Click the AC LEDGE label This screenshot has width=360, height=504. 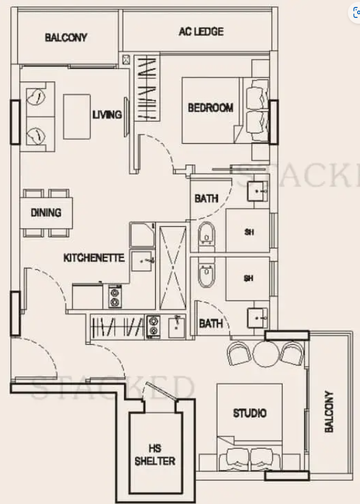[201, 32]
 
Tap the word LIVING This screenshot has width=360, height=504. [107, 114]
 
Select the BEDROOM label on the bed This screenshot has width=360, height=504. [211, 108]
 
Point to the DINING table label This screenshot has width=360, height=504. [46, 212]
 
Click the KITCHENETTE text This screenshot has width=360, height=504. [94, 258]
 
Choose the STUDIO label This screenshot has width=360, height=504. [250, 413]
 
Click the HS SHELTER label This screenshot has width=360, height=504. [155, 455]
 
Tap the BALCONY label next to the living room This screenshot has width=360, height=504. [66, 38]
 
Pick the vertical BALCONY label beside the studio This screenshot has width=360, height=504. [329, 412]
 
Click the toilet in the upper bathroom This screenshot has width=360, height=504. [207, 236]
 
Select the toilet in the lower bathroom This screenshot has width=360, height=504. [206, 274]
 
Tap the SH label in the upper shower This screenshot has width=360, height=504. [249, 232]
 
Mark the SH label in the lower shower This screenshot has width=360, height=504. [249, 278]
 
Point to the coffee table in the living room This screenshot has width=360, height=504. [77, 117]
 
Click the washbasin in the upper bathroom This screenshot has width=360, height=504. [257, 191]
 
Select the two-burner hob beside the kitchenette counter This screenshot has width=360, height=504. [114, 297]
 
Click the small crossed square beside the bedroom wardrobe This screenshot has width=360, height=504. [126, 59]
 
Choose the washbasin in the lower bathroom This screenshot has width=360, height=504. [257, 318]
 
